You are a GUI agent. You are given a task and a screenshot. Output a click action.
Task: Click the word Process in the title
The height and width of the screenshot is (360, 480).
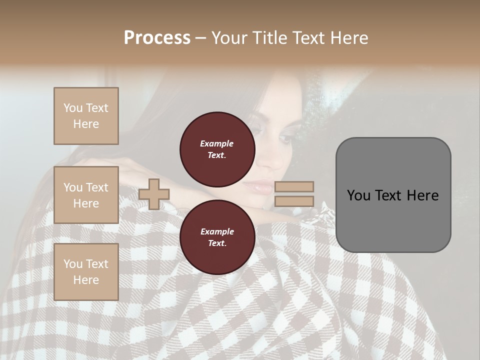pyautogui.click(x=157, y=38)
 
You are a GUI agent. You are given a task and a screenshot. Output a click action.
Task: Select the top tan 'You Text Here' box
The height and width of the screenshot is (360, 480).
pyautogui.click(x=86, y=116)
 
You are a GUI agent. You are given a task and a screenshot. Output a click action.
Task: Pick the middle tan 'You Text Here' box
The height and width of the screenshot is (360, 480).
pyautogui.click(x=86, y=195)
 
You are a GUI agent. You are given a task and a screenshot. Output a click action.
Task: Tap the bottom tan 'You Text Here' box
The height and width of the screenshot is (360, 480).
pyautogui.click(x=86, y=271)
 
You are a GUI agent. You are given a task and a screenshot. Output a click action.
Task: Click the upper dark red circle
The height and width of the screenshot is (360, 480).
pyautogui.click(x=217, y=149)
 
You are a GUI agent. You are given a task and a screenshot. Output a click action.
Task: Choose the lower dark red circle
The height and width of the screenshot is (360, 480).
pyautogui.click(x=217, y=237)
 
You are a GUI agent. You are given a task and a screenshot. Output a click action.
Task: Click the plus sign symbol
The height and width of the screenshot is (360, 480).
pyautogui.click(x=153, y=194)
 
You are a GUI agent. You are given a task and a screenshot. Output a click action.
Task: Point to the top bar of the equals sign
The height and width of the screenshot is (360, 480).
pyautogui.click(x=294, y=186)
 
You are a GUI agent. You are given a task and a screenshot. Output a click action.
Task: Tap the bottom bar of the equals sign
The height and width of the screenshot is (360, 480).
pyautogui.click(x=294, y=201)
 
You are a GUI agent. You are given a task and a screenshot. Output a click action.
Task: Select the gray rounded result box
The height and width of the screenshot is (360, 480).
pyautogui.click(x=393, y=195)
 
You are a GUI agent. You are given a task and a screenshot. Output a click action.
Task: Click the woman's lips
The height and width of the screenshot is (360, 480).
pyautogui.click(x=258, y=188)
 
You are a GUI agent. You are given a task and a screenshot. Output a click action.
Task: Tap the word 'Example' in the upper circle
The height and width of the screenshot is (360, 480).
pyautogui.click(x=217, y=143)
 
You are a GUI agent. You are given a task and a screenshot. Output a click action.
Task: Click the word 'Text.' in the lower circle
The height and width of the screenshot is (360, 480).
pyautogui.click(x=217, y=243)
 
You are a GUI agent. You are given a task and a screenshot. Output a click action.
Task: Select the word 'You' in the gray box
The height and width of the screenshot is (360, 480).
pyautogui.click(x=358, y=195)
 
